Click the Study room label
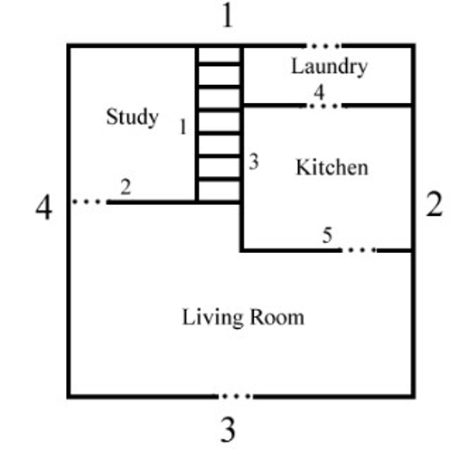pyautogui.click(x=132, y=117)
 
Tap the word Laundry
pyautogui.click(x=330, y=67)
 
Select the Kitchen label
pyautogui.click(x=332, y=167)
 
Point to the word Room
pyautogui.click(x=277, y=317)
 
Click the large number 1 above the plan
pyautogui.click(x=228, y=16)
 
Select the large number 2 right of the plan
pyautogui.click(x=435, y=204)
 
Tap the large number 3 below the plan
pyautogui.click(x=228, y=430)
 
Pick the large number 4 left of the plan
pyautogui.click(x=44, y=208)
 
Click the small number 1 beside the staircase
pyautogui.click(x=183, y=126)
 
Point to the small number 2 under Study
pyautogui.click(x=126, y=187)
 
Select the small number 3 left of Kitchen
pyautogui.click(x=254, y=162)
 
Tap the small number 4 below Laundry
pyautogui.click(x=319, y=92)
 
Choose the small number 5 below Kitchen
pyautogui.click(x=327, y=235)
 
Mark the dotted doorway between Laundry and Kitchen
pyautogui.click(x=324, y=106)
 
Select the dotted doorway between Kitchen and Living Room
pyautogui.click(x=359, y=250)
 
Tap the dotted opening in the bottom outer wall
pyautogui.click(x=236, y=397)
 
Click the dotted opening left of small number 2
pyautogui.click(x=89, y=201)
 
